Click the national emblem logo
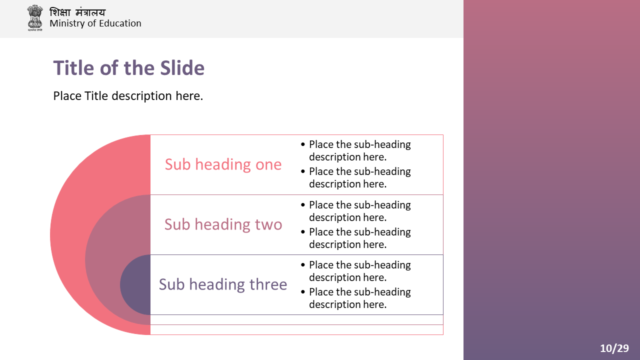(35, 17)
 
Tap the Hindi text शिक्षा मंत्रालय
(77, 12)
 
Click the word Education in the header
(120, 23)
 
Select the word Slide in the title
(182, 68)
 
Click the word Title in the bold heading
(73, 68)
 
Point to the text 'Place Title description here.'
(128, 96)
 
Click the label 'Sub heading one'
(223, 164)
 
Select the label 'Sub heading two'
(223, 224)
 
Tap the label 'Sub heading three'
(223, 284)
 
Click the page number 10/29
(614, 348)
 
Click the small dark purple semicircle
(135, 284)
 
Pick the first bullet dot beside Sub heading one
(303, 144)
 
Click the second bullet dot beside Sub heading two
(303, 231)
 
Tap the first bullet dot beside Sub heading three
(303, 265)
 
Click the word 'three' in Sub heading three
(268, 284)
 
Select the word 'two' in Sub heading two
(268, 224)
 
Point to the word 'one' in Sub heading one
(268, 165)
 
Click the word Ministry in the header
(67, 23)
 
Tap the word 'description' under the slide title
(141, 96)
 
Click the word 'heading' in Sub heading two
(223, 225)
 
